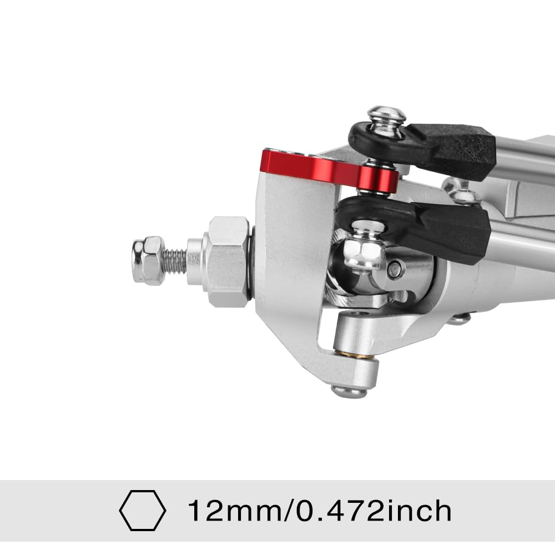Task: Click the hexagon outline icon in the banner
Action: click(142, 510)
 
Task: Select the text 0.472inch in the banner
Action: click(374, 511)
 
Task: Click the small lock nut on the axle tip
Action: click(148, 260)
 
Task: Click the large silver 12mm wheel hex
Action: click(226, 261)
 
